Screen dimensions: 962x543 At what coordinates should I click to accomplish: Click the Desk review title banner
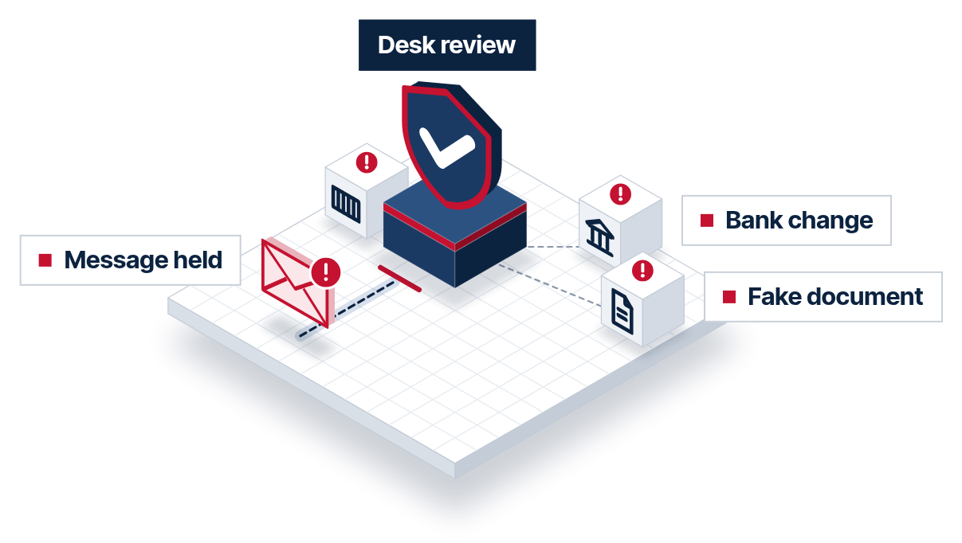(x=447, y=45)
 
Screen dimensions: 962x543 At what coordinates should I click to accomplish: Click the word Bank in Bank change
(x=755, y=221)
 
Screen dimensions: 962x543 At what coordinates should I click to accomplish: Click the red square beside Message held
(x=45, y=260)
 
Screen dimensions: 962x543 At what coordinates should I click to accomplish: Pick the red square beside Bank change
(x=707, y=221)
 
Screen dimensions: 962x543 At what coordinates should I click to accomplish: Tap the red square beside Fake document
(x=729, y=297)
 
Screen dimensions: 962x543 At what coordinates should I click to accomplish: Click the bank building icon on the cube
(x=599, y=238)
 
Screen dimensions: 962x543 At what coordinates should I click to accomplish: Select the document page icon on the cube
(x=622, y=312)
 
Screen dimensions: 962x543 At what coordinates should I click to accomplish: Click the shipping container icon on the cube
(x=346, y=204)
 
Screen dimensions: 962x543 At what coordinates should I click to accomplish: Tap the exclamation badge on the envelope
(x=326, y=272)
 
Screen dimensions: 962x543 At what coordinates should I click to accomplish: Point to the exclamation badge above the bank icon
(x=620, y=194)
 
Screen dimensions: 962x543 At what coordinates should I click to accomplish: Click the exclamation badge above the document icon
(x=642, y=271)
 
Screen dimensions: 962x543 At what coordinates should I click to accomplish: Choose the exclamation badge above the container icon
(x=367, y=162)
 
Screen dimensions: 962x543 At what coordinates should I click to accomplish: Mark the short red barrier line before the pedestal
(x=400, y=279)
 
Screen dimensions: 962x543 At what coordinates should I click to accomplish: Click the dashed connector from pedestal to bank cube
(x=552, y=247)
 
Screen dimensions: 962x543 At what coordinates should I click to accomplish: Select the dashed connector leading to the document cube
(x=550, y=286)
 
